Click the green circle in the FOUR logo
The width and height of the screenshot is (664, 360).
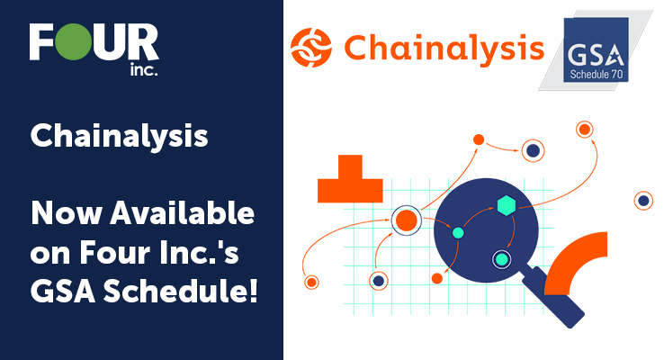coord(74,41)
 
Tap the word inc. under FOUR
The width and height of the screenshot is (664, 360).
coord(144,69)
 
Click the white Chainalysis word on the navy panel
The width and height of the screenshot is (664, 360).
coord(119,137)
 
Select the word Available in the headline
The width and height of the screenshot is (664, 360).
coord(183,212)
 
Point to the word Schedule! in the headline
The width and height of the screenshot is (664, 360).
coord(181,292)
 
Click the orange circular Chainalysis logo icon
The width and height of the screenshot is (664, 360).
coord(311,48)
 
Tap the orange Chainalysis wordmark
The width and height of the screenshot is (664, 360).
coord(444,49)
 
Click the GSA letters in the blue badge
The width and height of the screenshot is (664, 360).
coord(596,56)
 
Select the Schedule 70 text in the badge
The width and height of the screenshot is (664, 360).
coord(597,75)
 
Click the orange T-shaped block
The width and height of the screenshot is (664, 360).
coord(350,182)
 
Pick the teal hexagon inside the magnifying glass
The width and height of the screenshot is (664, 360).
coord(507,206)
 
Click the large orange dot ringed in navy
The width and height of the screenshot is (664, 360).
coord(407,220)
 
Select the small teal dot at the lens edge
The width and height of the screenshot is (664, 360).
coord(458,232)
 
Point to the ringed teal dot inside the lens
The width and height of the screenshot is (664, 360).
coord(502,259)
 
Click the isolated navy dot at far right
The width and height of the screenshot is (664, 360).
coord(643,201)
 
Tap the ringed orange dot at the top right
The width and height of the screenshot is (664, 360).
coord(585,130)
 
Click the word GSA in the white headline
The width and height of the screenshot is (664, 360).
coord(63,292)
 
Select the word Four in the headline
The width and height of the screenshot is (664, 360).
coord(115,252)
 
